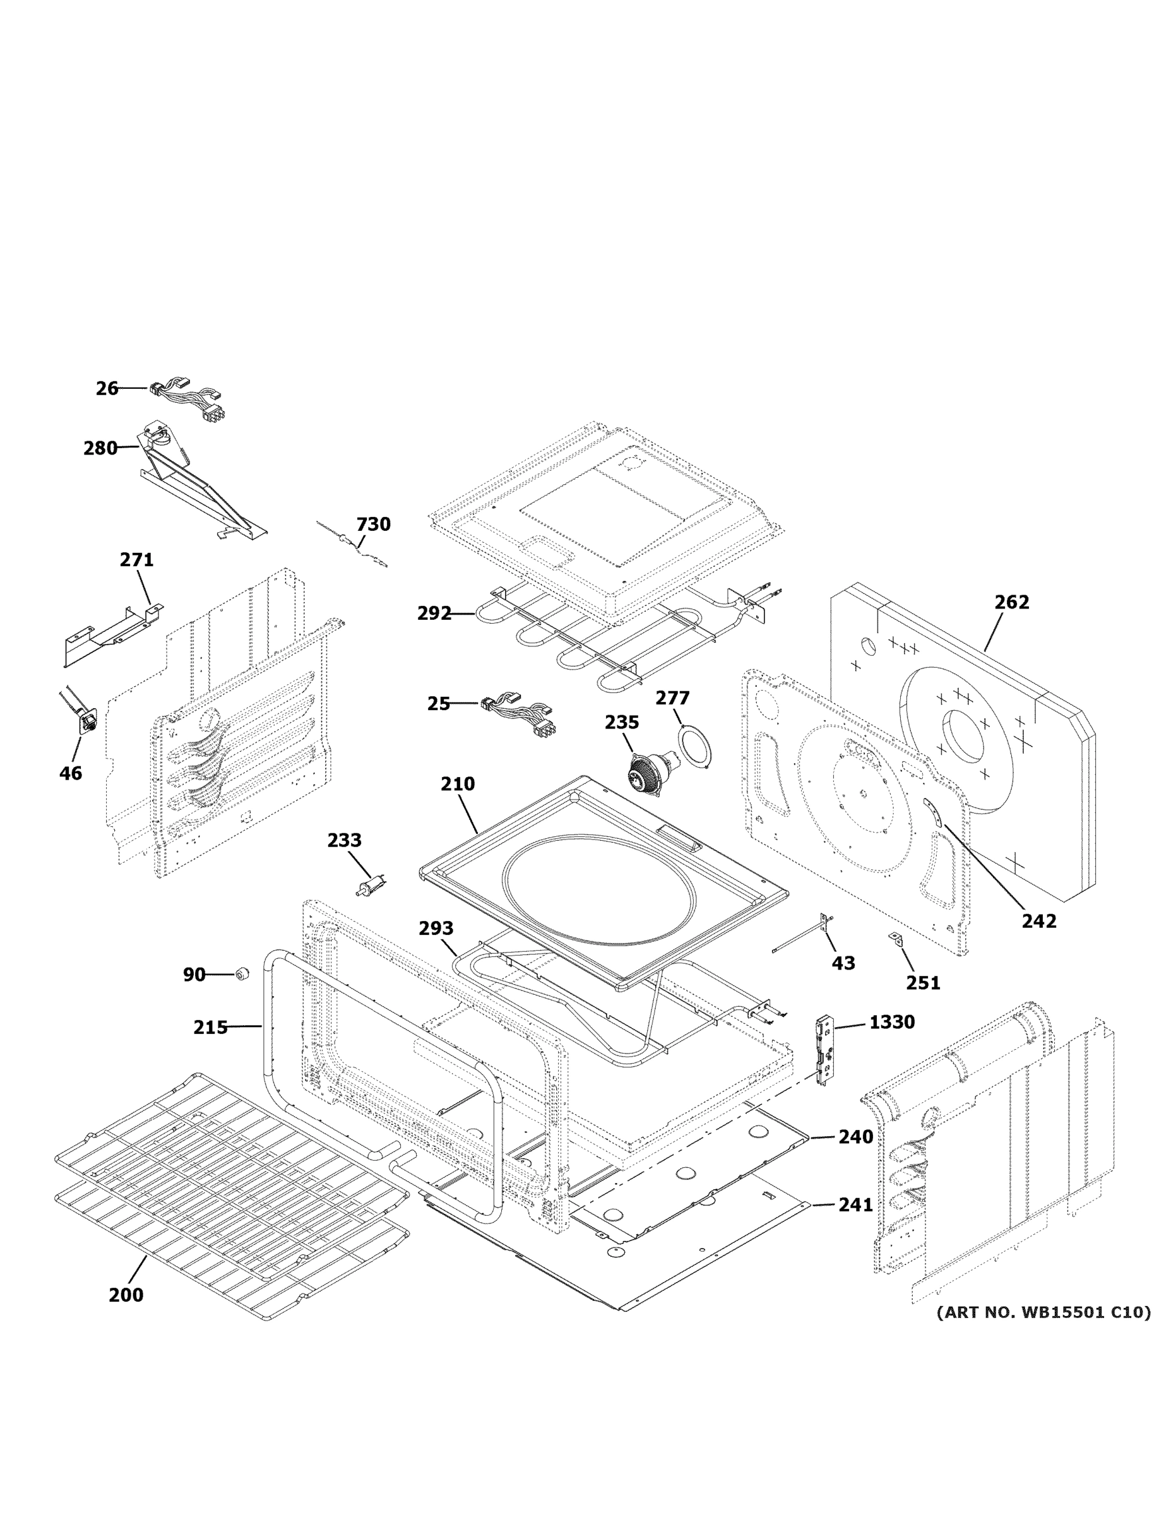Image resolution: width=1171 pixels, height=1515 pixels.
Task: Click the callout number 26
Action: click(x=107, y=388)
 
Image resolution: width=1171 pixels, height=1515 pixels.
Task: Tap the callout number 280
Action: click(x=100, y=448)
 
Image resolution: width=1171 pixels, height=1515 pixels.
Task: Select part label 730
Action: click(x=373, y=524)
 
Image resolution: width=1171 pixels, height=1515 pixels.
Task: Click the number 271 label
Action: click(x=136, y=559)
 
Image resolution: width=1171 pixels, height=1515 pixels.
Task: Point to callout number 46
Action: click(x=71, y=772)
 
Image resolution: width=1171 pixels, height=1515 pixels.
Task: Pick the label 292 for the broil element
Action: click(x=434, y=613)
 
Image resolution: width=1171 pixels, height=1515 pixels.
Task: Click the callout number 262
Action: click(x=1011, y=602)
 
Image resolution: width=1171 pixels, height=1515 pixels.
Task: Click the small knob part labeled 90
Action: click(x=241, y=974)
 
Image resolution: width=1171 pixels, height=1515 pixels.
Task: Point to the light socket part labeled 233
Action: click(x=371, y=887)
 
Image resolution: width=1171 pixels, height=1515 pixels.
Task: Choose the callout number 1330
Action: click(x=891, y=1022)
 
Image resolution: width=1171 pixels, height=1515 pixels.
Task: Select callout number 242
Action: click(x=1038, y=920)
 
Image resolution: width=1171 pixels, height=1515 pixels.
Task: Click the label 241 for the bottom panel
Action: click(x=855, y=1205)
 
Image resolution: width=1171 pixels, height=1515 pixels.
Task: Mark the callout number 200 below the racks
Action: click(x=126, y=1295)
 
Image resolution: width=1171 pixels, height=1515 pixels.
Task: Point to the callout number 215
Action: click(x=210, y=1027)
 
